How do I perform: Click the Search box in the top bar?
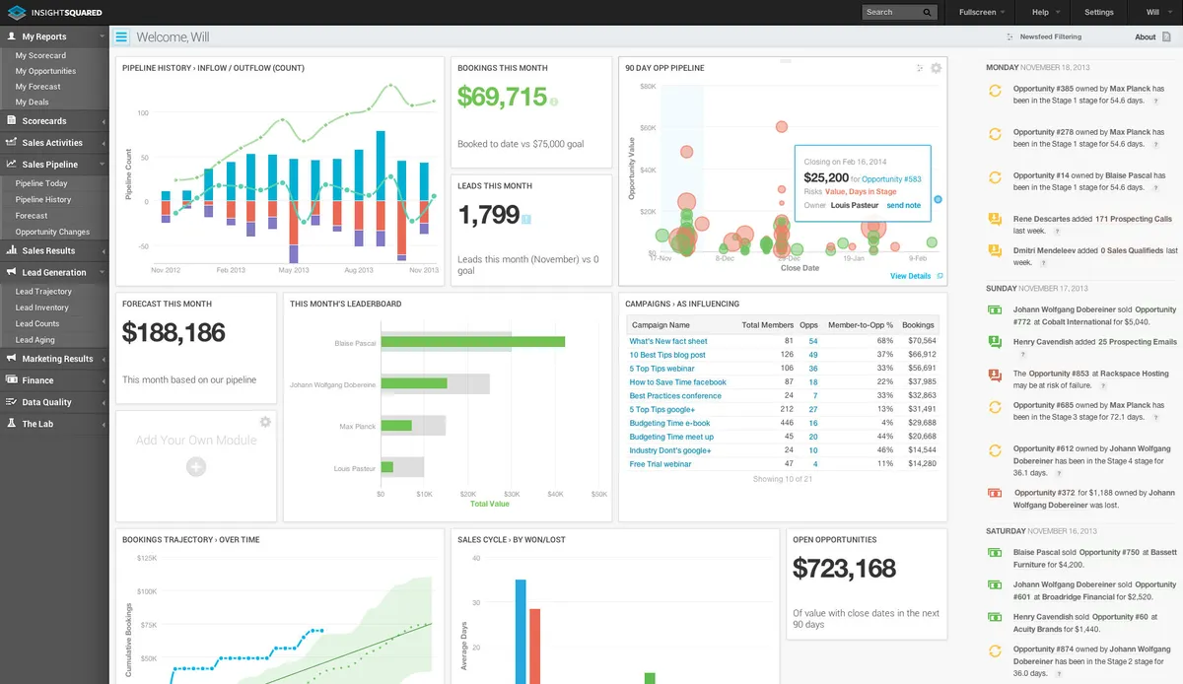click(892, 12)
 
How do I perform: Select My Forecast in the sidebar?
click(38, 87)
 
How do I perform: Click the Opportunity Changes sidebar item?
click(52, 232)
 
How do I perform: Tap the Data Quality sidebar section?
click(46, 402)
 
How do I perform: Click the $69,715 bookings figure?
click(502, 97)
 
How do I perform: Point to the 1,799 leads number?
click(488, 215)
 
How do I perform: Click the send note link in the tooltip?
click(903, 205)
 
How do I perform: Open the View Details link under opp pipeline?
click(910, 276)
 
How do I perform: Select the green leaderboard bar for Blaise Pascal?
click(472, 342)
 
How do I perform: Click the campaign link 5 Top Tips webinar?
click(661, 369)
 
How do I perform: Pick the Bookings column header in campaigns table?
click(918, 325)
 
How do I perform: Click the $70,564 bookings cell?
click(921, 341)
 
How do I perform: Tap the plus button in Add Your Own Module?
click(196, 467)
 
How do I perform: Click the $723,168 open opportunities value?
click(844, 569)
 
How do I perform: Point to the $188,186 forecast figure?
click(174, 333)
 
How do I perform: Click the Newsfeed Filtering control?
click(1050, 36)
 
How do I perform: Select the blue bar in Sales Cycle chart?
click(521, 631)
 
